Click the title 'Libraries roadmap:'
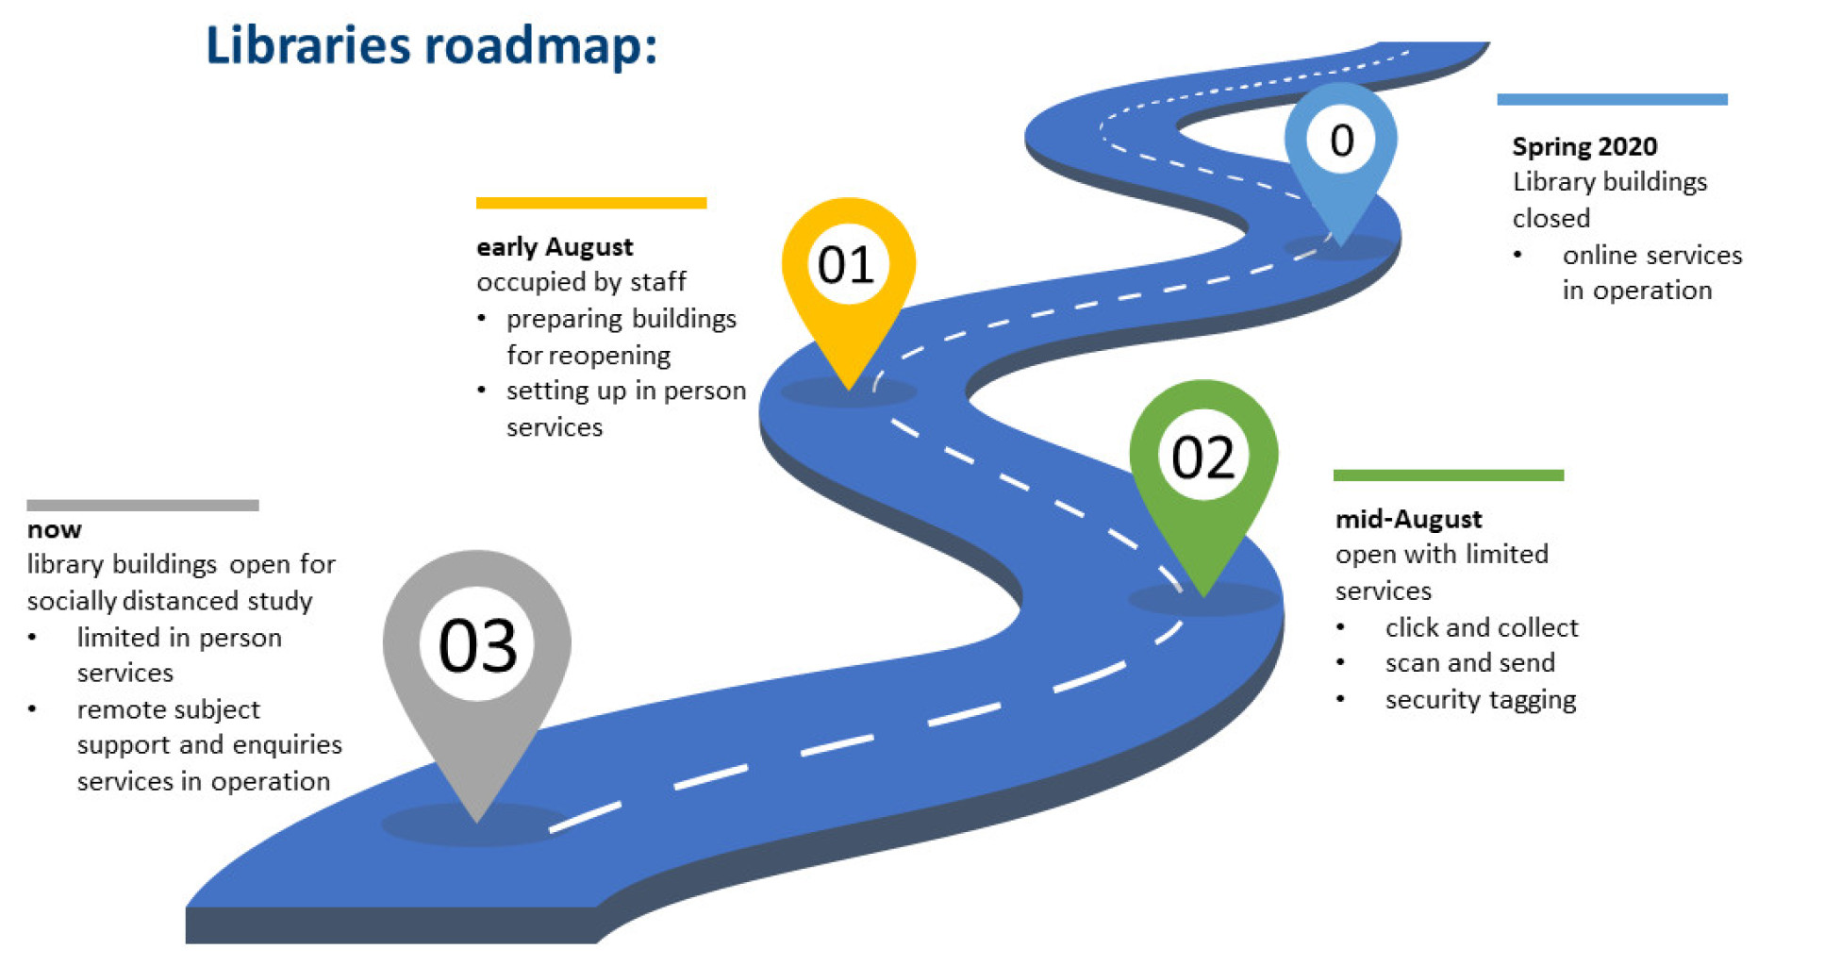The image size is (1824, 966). coord(431,45)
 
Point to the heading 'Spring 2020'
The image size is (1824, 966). coord(1584,146)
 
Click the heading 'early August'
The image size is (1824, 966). coord(555,247)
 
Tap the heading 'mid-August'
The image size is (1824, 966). coord(1408,519)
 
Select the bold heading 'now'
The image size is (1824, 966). coord(54,529)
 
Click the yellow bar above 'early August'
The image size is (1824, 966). coord(591,203)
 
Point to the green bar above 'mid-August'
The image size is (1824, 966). coord(1448,475)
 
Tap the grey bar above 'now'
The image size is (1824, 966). coord(142,506)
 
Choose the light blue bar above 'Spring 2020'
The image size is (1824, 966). coord(1611,99)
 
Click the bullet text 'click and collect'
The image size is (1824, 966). coord(1481,627)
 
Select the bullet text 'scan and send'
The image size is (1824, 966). coord(1469,663)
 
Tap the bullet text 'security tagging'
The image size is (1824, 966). coord(1480,700)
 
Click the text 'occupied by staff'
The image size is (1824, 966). coord(581,282)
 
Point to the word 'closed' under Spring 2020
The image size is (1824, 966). coord(1550,219)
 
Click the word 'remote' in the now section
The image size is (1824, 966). coord(121,709)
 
